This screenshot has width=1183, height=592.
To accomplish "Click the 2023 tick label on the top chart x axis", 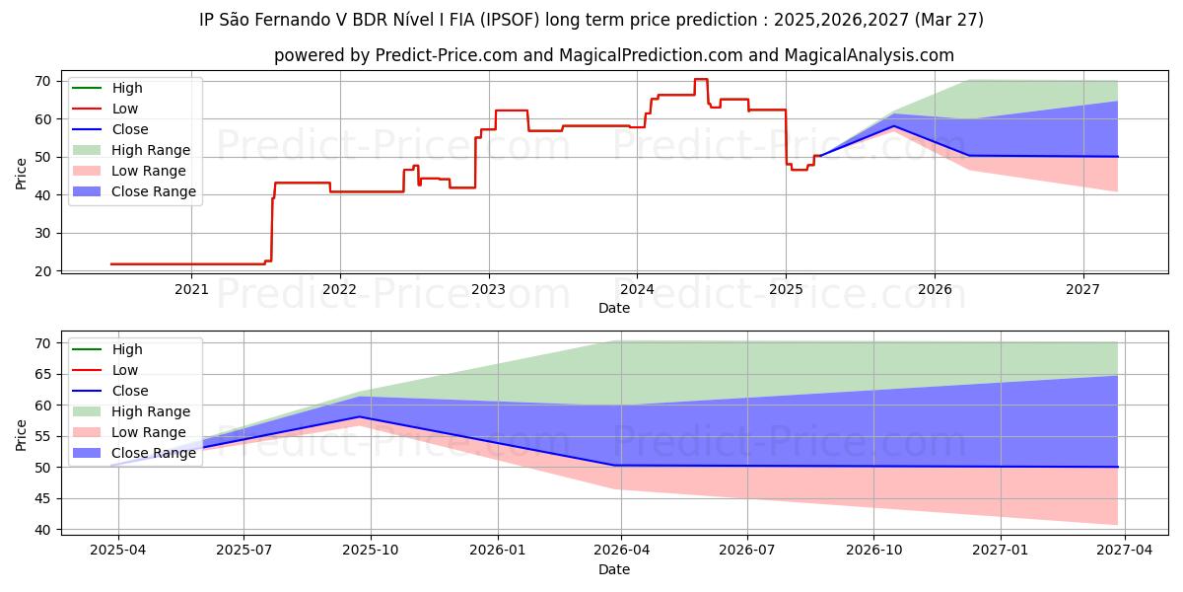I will pos(488,289).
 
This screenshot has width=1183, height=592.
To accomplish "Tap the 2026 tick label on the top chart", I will pos(935,289).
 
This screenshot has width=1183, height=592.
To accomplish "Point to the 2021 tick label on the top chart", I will pos(191,289).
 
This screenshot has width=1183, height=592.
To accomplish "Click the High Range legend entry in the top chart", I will pos(151,150).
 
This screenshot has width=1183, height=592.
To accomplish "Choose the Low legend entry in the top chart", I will pos(125,109).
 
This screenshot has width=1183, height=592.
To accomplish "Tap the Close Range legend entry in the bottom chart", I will pos(154,453).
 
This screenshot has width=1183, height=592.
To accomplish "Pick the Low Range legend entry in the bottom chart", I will pos(149,432).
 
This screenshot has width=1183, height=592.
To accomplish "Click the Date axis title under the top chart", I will pos(614,308).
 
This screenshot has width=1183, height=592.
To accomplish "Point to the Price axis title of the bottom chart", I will pos(22,433).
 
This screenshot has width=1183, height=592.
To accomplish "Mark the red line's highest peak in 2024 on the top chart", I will pos(700,79).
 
